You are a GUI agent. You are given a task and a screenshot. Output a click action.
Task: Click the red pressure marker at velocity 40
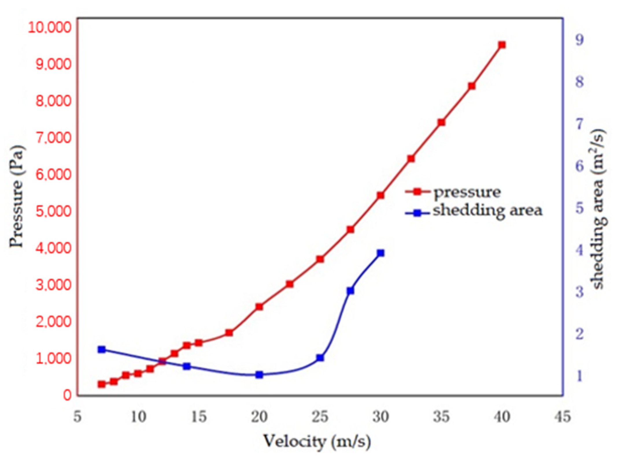[502, 45]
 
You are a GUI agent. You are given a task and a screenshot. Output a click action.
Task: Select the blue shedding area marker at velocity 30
[381, 253]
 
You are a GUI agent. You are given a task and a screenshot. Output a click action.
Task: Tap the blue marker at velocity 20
[259, 375]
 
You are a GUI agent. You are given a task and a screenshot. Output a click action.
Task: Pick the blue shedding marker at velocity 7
[101, 349]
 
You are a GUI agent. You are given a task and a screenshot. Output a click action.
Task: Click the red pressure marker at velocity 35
[441, 122]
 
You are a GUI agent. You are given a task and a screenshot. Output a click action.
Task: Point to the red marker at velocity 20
[259, 307]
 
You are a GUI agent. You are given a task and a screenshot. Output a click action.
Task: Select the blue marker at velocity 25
[320, 358]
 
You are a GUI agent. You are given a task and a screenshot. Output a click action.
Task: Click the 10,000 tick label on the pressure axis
[49, 27]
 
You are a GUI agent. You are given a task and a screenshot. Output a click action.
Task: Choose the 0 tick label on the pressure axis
[67, 395]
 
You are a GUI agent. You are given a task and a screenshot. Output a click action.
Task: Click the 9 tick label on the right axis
[579, 40]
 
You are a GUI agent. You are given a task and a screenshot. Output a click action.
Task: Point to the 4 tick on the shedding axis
[579, 250]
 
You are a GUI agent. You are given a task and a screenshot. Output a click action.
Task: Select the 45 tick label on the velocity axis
[563, 417]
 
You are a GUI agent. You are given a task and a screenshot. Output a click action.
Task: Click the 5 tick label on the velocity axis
[77, 417]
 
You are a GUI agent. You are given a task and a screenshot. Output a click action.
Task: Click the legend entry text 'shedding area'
[487, 210]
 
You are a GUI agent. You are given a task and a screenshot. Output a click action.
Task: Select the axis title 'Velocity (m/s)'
[317, 441]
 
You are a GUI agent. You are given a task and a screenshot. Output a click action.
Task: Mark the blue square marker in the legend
[417, 213]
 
